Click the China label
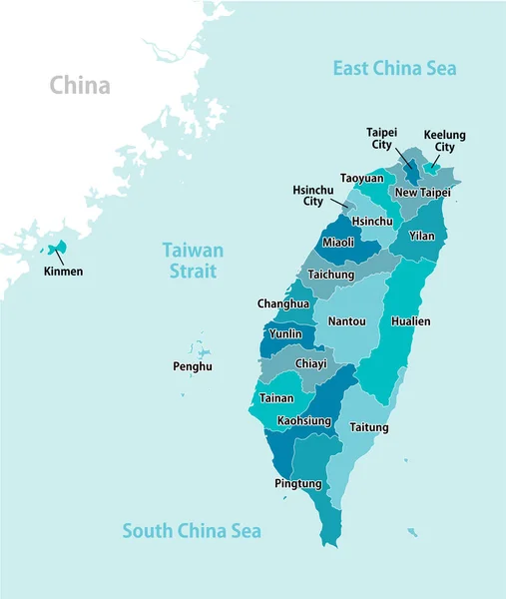tap(80, 85)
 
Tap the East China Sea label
tap(394, 68)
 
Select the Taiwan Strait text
tap(193, 261)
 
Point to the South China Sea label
tap(192, 531)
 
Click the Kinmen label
tap(63, 271)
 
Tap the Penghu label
tap(193, 366)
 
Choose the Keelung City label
tap(444, 141)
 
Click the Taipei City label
tap(380, 138)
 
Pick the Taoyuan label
tap(361, 178)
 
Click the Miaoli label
tap(338, 243)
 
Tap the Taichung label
tap(331, 275)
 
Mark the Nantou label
tap(346, 321)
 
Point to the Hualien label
tap(411, 321)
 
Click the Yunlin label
tap(285, 334)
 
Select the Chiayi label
tap(310, 363)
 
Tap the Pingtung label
tap(297, 483)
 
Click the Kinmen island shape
tap(58, 247)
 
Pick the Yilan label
tap(422, 236)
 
